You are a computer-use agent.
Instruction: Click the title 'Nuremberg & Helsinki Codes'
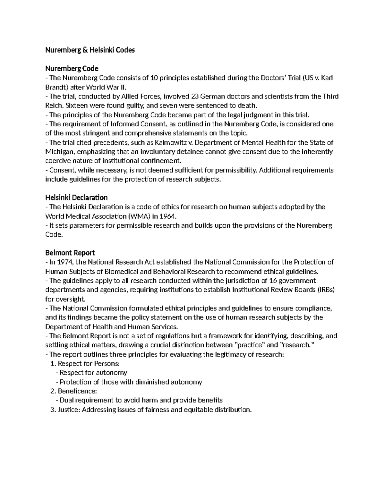(90, 50)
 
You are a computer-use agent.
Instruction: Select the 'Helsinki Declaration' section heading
(76, 197)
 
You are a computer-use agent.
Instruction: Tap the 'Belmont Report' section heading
(70, 253)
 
